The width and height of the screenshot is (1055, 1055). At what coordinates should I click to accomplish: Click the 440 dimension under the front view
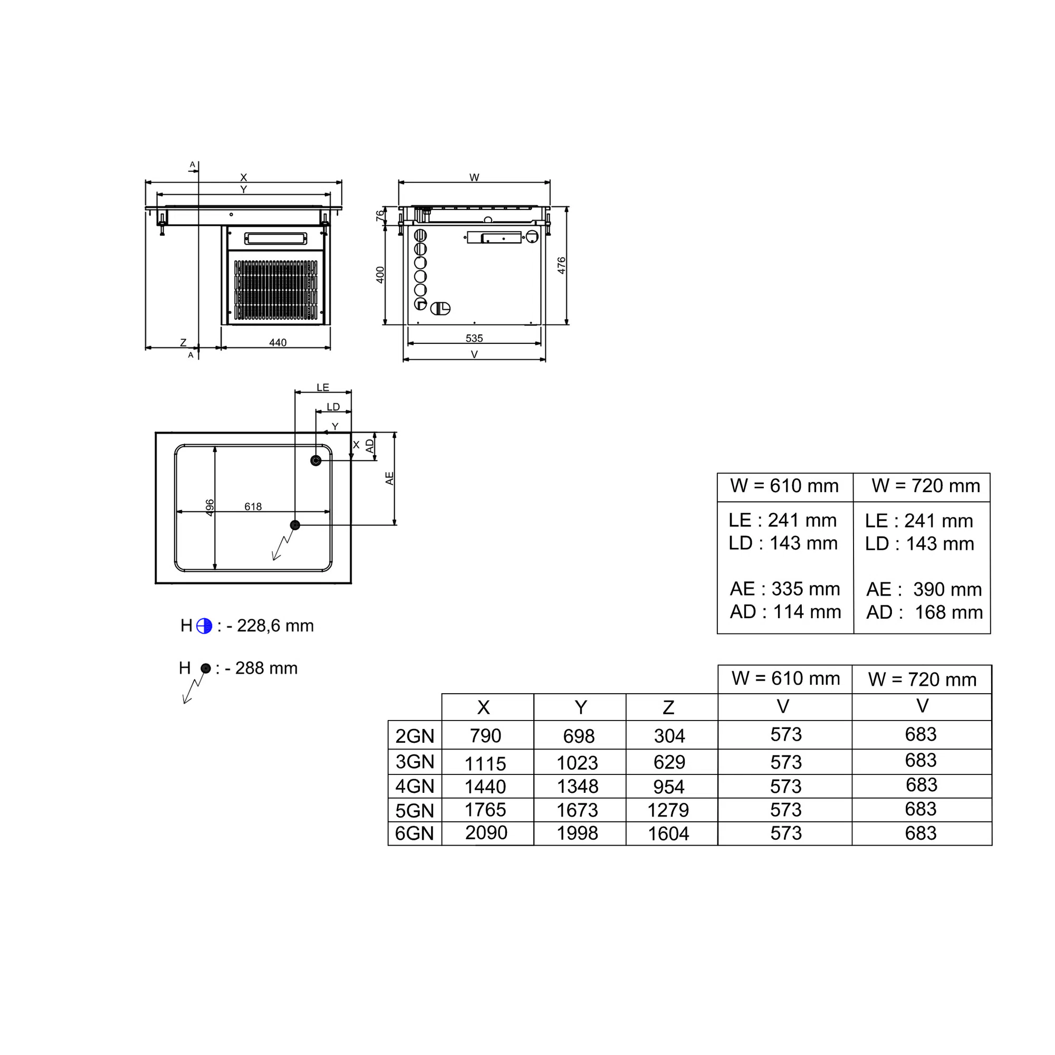point(277,342)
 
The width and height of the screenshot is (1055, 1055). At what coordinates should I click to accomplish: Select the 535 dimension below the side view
point(474,338)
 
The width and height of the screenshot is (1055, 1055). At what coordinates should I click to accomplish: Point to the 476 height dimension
point(561,265)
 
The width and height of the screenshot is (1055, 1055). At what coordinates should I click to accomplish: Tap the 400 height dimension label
point(380,275)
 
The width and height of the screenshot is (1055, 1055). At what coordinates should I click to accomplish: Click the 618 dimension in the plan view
point(253,506)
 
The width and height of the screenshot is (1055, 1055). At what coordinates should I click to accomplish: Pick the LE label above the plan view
point(323,387)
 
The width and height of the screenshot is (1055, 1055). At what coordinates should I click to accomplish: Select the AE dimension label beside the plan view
point(389,478)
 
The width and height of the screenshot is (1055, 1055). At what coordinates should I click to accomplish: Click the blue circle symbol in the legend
point(204,626)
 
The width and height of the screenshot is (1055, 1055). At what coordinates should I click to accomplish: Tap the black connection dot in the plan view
point(295,525)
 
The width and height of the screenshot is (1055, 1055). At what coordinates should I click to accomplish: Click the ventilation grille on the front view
point(276,290)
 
